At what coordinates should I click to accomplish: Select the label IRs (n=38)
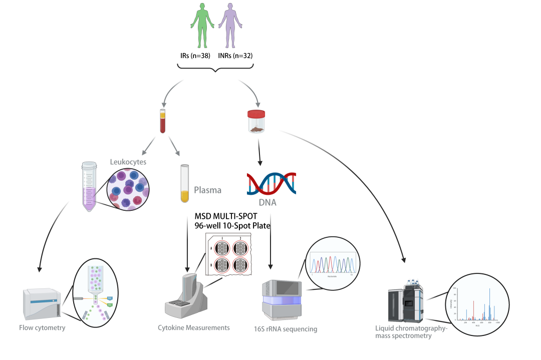point(196,56)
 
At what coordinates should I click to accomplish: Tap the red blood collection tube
point(162,121)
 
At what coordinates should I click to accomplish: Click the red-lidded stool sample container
point(257,122)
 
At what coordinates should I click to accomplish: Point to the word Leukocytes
point(128,162)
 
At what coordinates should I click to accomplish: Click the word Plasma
point(207,190)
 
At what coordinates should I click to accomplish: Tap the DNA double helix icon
point(270,183)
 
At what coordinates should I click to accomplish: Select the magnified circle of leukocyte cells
point(127,189)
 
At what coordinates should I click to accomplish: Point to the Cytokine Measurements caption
point(194,327)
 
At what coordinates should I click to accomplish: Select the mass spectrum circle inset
point(473,305)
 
